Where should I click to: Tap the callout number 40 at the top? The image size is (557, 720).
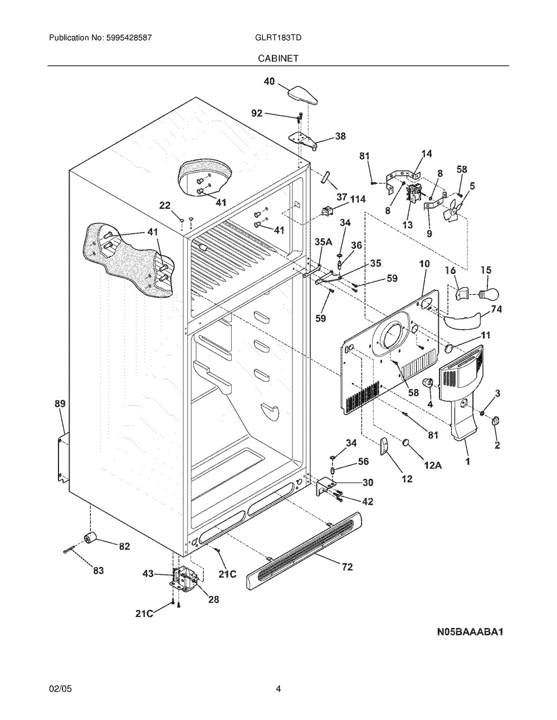269,82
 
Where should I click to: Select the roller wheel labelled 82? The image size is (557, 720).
89,537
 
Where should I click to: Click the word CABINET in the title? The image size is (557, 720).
278,58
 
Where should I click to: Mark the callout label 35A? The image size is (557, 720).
323,241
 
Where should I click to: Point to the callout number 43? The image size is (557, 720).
149,573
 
